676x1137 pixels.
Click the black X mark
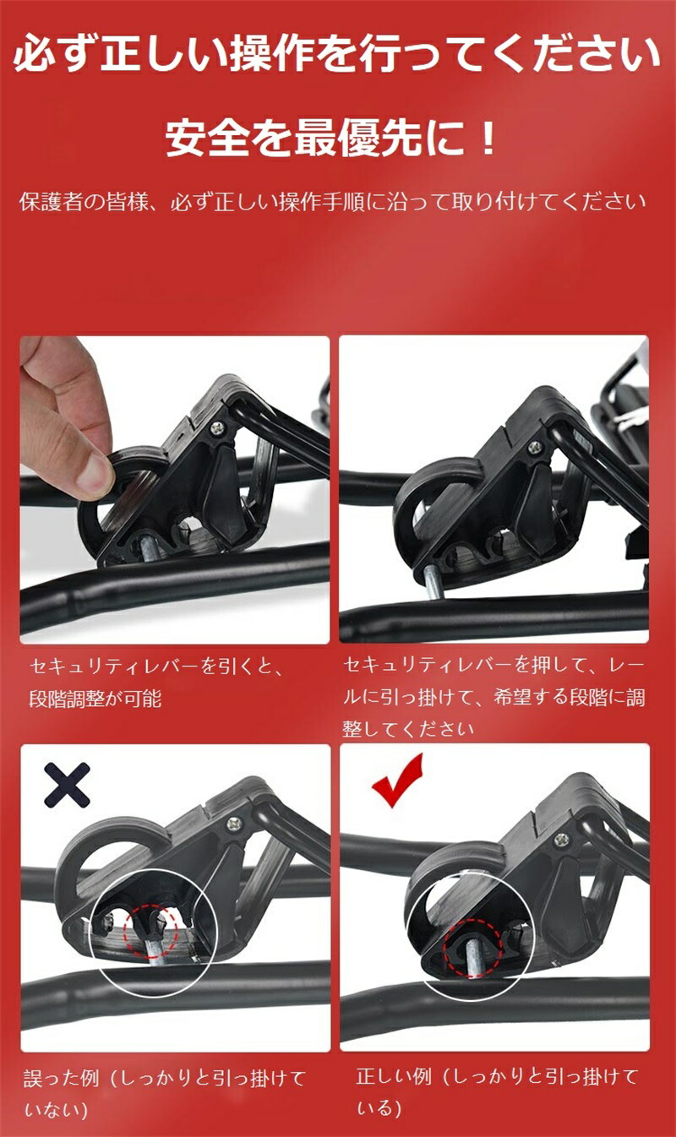(x=67, y=785)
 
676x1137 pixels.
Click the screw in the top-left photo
(x=218, y=428)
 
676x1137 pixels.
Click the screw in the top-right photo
(x=535, y=447)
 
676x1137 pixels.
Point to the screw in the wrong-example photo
(x=234, y=823)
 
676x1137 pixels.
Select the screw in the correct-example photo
(x=561, y=840)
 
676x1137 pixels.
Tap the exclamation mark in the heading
(x=488, y=138)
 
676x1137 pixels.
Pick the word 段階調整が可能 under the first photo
(x=95, y=699)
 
